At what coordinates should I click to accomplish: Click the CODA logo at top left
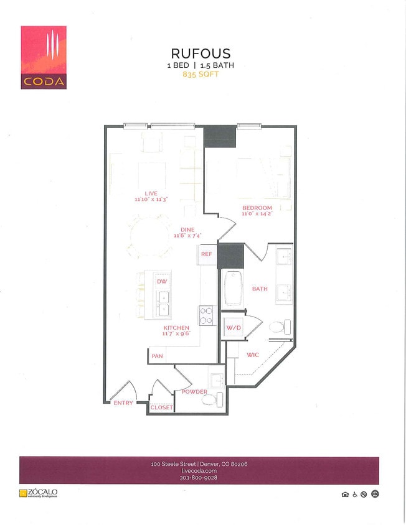[44, 57]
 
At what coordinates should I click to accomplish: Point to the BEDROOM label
[257, 207]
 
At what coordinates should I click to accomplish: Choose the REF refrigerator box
[207, 254]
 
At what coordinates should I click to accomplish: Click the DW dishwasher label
[162, 282]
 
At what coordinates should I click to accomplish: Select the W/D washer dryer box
[234, 328]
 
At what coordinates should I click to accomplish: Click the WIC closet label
[252, 355]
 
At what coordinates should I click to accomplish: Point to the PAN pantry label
[157, 356]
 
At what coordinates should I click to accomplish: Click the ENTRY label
[123, 403]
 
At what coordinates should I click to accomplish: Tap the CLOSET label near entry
[161, 407]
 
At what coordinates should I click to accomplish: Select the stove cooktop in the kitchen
[207, 315]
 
